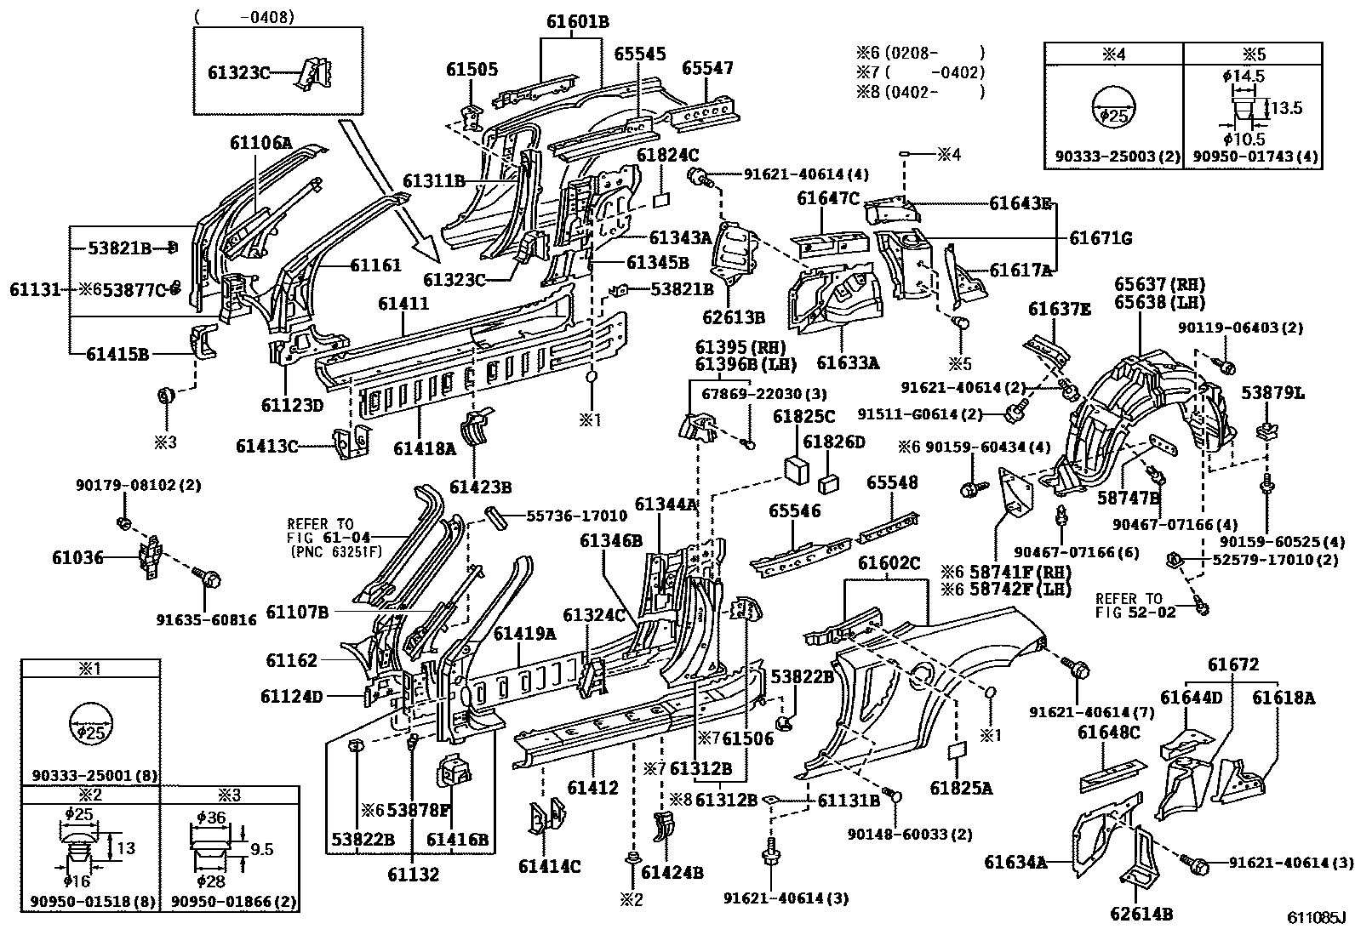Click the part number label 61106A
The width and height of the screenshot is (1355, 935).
coord(260,143)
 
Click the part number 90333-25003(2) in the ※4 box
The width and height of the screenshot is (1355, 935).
coord(1112,157)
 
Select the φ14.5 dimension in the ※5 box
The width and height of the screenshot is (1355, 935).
coord(1243,77)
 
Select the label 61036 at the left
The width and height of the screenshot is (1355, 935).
coord(77,557)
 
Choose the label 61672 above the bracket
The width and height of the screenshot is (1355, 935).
coord(1233,664)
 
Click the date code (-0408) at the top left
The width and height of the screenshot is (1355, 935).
coord(245,16)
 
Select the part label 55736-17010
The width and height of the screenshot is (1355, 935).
coord(576,516)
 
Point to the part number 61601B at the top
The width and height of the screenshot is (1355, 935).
coord(577,22)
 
